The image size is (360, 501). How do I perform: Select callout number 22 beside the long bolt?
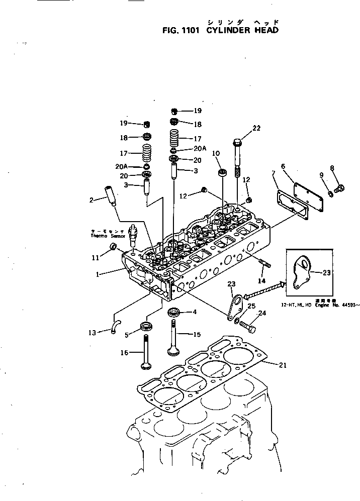[256, 129]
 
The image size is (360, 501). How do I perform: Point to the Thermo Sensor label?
[105, 233]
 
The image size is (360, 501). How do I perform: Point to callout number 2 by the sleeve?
[92, 200]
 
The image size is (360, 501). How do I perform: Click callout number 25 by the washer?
[252, 306]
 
